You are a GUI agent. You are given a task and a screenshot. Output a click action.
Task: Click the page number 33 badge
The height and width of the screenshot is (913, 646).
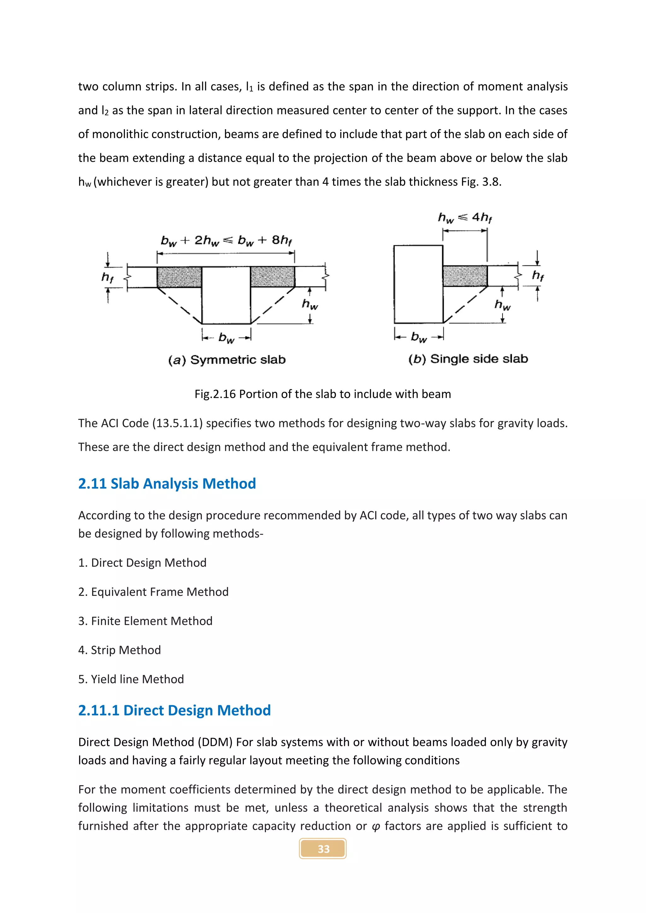(323, 849)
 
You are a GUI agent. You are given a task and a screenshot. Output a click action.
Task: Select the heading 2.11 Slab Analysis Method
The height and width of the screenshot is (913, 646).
(167, 484)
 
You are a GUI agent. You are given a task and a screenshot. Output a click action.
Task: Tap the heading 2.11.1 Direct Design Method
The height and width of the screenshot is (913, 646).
(174, 710)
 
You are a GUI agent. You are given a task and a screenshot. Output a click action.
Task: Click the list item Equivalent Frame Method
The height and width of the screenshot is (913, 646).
(154, 592)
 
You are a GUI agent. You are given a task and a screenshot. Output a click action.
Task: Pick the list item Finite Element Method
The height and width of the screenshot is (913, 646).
(146, 621)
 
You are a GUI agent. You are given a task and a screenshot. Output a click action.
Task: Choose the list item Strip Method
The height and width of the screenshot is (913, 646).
(120, 650)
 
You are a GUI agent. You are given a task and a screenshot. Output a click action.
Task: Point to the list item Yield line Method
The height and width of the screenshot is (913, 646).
(131, 679)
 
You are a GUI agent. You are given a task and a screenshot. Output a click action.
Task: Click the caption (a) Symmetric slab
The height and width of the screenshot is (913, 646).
(227, 360)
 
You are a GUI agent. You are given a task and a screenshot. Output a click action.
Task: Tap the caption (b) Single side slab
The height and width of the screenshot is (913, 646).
(468, 359)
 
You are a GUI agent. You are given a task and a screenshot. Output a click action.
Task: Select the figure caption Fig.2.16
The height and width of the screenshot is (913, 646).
(323, 394)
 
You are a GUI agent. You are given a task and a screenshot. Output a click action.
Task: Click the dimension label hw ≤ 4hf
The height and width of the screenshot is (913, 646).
(465, 218)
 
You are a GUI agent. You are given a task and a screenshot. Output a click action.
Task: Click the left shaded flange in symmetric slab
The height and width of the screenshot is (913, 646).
(179, 277)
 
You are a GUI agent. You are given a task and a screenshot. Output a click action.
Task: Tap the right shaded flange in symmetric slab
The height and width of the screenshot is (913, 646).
(273, 277)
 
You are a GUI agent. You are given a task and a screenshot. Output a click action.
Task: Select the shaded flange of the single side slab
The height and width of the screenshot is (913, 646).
(465, 276)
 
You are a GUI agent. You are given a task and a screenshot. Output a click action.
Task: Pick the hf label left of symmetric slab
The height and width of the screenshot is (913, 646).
(107, 277)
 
